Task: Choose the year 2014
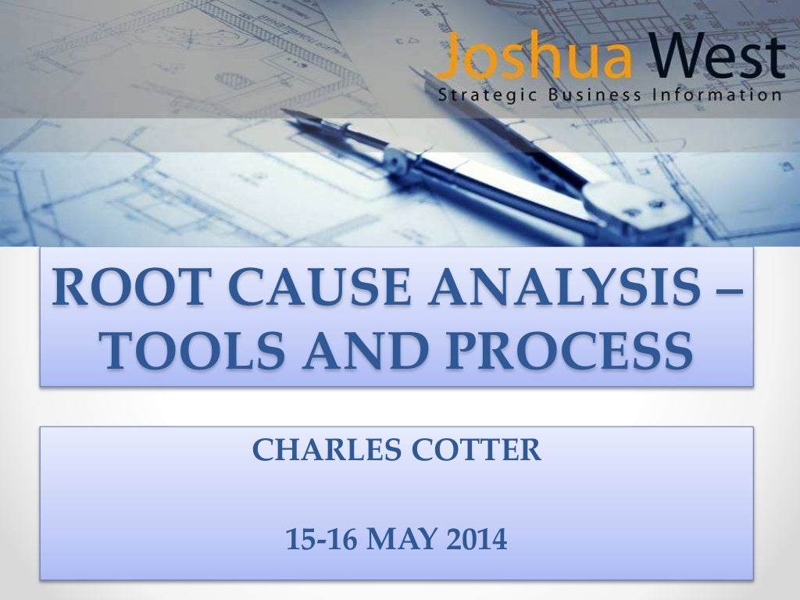[477, 539]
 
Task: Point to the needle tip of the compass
[285, 112]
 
